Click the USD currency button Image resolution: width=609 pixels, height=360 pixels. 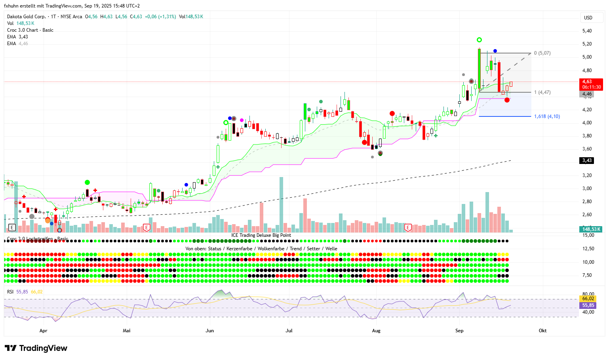(x=588, y=17)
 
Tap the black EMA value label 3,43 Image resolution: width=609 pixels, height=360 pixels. (x=587, y=160)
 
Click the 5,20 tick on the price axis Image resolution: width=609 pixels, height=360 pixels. (x=587, y=44)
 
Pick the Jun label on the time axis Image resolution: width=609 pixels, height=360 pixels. (x=209, y=331)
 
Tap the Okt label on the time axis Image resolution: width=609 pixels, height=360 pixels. (x=542, y=331)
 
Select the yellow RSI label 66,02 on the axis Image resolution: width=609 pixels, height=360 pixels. (x=588, y=299)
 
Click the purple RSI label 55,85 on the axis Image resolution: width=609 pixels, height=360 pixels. (x=588, y=305)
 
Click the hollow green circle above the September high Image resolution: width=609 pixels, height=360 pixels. (x=479, y=40)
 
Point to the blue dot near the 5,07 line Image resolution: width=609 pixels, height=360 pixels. (x=495, y=51)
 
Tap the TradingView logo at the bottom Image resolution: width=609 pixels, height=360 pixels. (x=36, y=348)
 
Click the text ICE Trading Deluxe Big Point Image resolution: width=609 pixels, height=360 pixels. (x=261, y=235)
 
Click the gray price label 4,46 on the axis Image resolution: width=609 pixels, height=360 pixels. (x=587, y=94)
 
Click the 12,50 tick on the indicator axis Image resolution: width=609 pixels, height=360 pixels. (x=588, y=249)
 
